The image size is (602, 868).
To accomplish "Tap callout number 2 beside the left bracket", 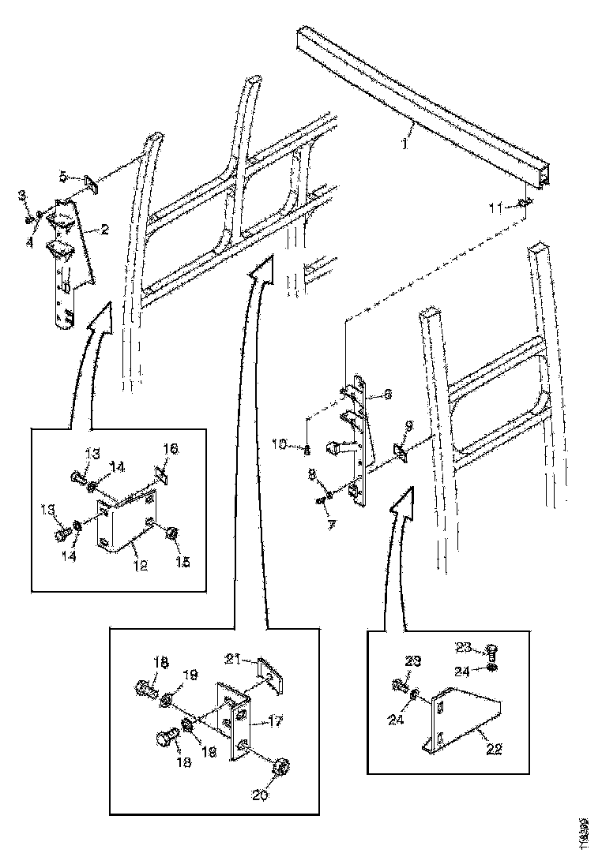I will click(x=103, y=230).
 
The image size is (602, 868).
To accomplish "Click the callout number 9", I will click(x=408, y=425).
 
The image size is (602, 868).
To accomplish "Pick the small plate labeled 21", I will click(x=271, y=675).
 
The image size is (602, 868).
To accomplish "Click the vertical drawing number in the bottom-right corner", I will click(x=583, y=833).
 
